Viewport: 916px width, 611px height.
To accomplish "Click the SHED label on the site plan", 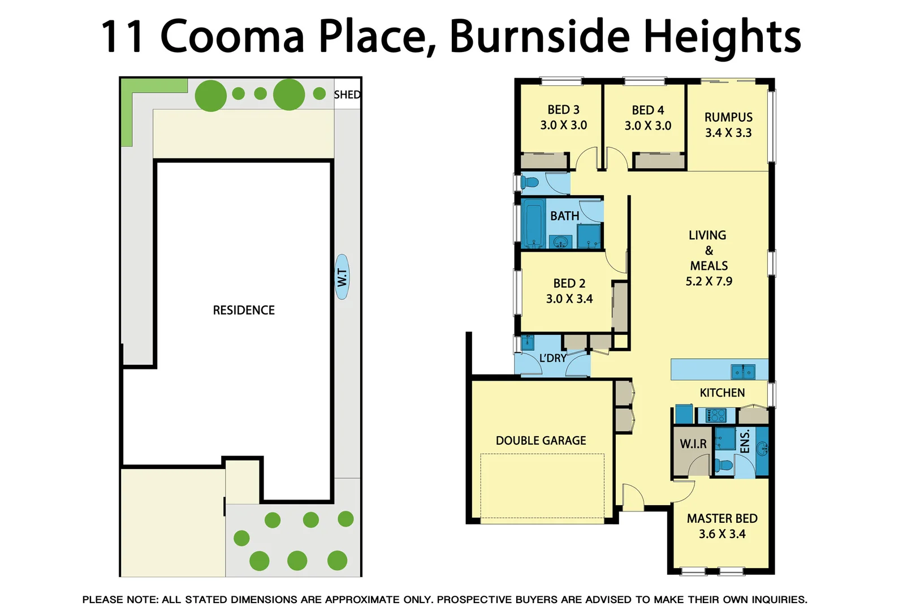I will (x=347, y=94).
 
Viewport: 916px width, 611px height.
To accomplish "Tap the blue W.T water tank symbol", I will (x=342, y=277).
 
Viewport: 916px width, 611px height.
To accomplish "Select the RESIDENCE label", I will (x=244, y=310).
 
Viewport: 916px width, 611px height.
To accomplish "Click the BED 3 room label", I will (x=563, y=110).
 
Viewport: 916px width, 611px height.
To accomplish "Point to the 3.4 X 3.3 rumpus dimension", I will (x=728, y=133).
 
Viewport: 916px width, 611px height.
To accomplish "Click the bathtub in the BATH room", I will (x=533, y=223).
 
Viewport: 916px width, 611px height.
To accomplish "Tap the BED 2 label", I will (x=569, y=283).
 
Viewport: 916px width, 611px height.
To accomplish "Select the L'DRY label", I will (x=552, y=358).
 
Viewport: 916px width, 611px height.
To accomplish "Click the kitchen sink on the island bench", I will (x=743, y=372).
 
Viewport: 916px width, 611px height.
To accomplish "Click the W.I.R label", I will (x=693, y=444).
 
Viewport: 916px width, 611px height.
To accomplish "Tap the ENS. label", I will (x=745, y=441).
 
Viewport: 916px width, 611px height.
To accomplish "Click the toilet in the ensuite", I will (x=723, y=466).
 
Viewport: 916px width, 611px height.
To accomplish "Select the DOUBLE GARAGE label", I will (x=541, y=441).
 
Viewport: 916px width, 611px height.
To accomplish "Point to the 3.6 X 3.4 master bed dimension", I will (x=722, y=534).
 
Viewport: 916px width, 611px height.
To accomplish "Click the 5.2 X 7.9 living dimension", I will (x=708, y=281).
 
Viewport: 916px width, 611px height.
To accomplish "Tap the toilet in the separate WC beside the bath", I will (x=529, y=183).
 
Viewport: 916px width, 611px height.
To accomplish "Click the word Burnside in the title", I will (x=539, y=37).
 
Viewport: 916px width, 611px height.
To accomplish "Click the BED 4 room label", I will (x=648, y=110).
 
